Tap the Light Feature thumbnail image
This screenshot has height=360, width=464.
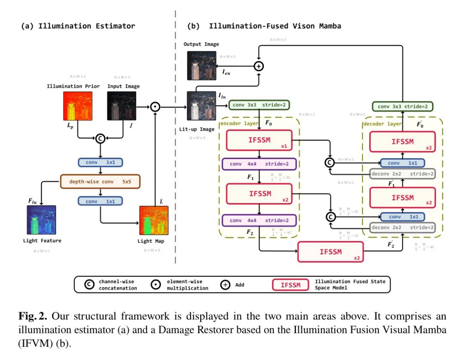[x=42, y=220]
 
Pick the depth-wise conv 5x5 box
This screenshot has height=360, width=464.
[x=101, y=181]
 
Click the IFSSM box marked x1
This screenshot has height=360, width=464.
[x=259, y=140]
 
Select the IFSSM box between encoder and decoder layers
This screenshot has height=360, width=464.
[x=331, y=252]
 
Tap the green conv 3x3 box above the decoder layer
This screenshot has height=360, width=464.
[x=402, y=107]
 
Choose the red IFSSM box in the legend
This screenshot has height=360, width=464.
[x=290, y=284]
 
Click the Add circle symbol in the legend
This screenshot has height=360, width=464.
[x=225, y=284]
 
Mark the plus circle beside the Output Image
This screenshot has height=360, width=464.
[x=259, y=66]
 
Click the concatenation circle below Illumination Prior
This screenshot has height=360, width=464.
[x=100, y=138]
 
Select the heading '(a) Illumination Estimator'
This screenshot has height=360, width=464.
[x=78, y=26]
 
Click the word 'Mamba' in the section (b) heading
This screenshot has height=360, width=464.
[x=330, y=26]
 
